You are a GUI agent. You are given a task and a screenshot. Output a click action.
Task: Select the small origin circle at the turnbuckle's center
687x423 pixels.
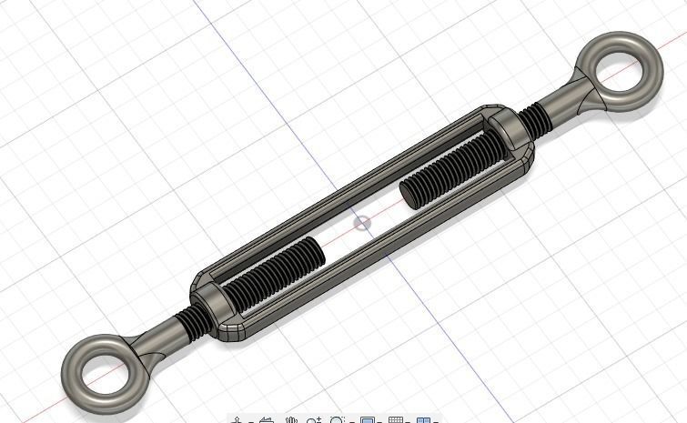click(x=362, y=223)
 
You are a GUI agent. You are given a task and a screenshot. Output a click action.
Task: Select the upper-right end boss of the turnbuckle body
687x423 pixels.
click(x=512, y=133)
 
